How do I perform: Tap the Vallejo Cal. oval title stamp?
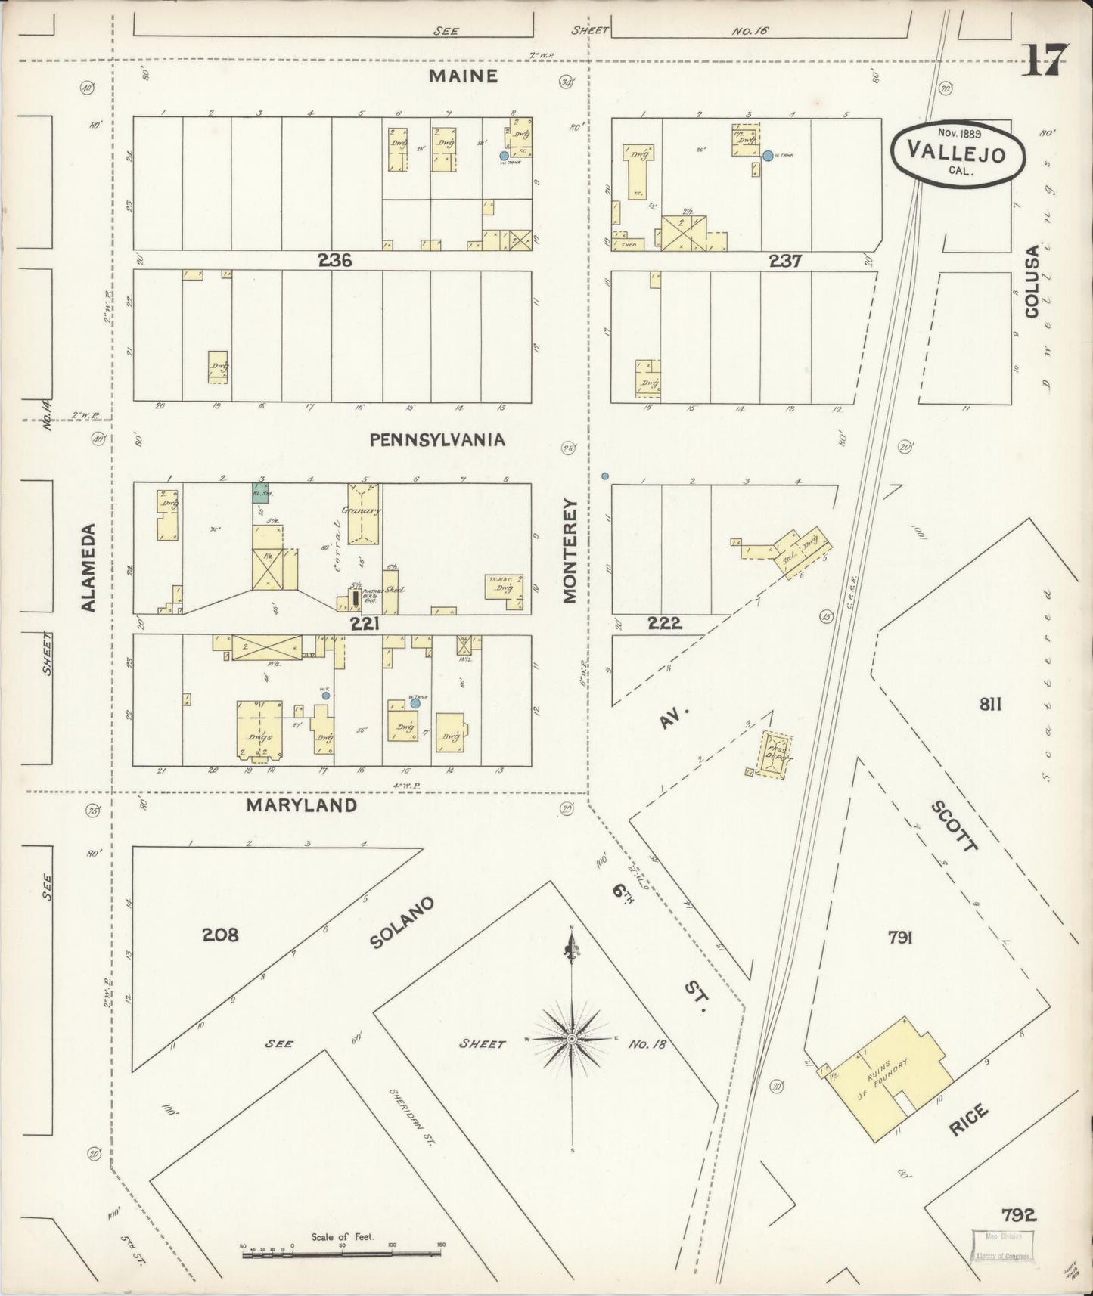(957, 155)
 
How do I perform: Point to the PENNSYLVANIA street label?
(437, 439)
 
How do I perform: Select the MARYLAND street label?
(302, 805)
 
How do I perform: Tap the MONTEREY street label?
(570, 550)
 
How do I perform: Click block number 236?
(335, 260)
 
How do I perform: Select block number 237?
(784, 261)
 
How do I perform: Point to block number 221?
(364, 624)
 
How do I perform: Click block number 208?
(220, 935)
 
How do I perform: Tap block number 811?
(990, 705)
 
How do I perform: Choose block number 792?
(1018, 1215)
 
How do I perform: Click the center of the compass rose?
(573, 1040)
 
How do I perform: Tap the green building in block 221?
(261, 493)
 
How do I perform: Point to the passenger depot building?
(777, 754)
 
